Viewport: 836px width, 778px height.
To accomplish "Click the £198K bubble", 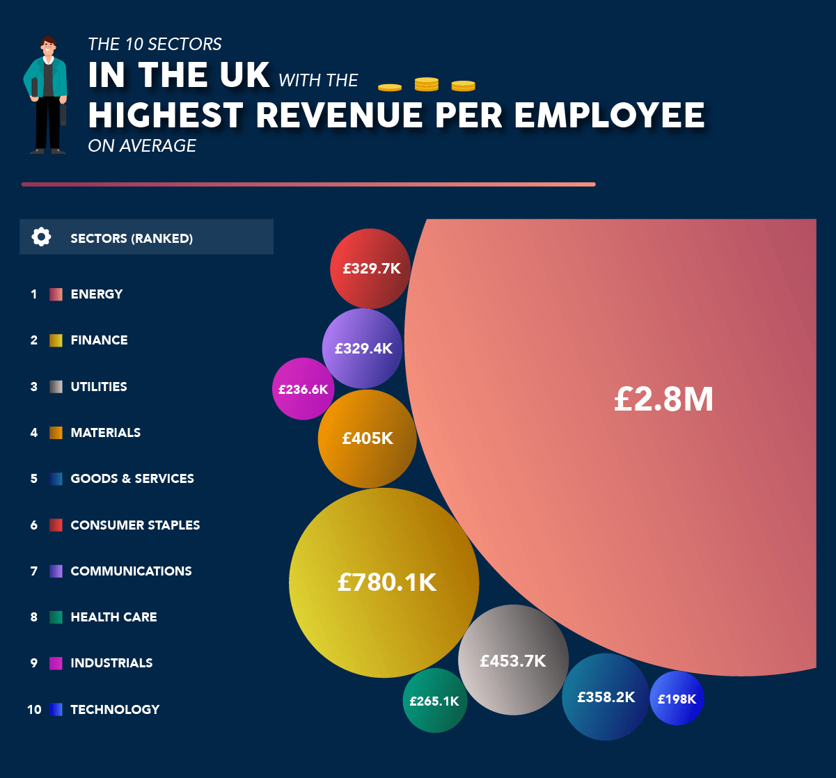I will tap(677, 698).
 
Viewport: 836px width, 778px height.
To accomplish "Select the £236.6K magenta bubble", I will tap(303, 389).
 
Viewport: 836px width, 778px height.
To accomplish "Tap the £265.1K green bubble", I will tap(434, 701).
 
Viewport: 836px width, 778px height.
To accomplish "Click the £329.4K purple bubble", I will tap(363, 348).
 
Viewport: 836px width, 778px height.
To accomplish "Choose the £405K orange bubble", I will tap(367, 438).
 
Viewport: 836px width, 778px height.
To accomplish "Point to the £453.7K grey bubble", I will tap(513, 660).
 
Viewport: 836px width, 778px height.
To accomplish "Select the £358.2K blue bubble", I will tap(606, 697).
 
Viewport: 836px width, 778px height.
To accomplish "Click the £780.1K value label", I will tap(386, 582).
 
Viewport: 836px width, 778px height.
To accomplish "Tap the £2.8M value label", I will tap(663, 399).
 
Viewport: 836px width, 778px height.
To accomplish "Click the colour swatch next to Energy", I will tap(56, 294).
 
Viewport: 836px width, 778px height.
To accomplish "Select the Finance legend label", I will tap(99, 340).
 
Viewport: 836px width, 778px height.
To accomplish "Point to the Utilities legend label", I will tap(99, 386).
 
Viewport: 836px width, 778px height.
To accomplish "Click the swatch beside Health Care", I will tap(56, 617).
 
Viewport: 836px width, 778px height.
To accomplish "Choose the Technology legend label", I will tap(115, 709).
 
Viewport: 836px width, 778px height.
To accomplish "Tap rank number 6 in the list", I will tap(34, 525).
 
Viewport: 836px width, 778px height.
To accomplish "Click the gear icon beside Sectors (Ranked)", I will tap(41, 237).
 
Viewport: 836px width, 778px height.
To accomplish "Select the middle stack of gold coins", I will tap(426, 84).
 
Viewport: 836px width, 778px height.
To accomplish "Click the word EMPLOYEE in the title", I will tap(610, 115).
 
